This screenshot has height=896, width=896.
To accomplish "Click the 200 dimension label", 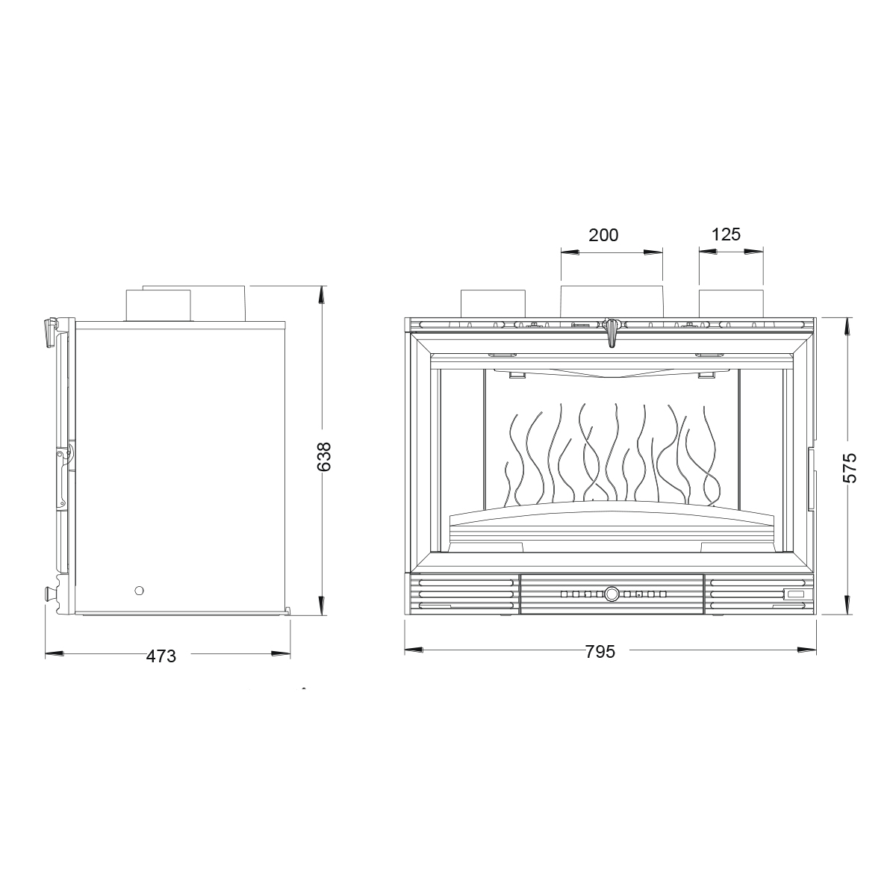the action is [x=603, y=235].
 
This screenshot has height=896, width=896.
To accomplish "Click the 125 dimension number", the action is [x=726, y=234].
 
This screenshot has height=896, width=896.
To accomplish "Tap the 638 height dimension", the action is [x=323, y=456].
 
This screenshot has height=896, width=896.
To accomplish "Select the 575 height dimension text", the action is [x=850, y=467].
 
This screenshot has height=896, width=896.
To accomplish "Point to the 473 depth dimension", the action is [x=161, y=656].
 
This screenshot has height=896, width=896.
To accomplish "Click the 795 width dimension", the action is [x=600, y=652].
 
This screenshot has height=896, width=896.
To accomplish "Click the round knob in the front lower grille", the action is [x=612, y=594].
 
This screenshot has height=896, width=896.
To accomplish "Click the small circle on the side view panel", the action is [x=139, y=591].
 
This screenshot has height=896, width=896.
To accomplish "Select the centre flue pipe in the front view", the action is [x=612, y=302].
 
